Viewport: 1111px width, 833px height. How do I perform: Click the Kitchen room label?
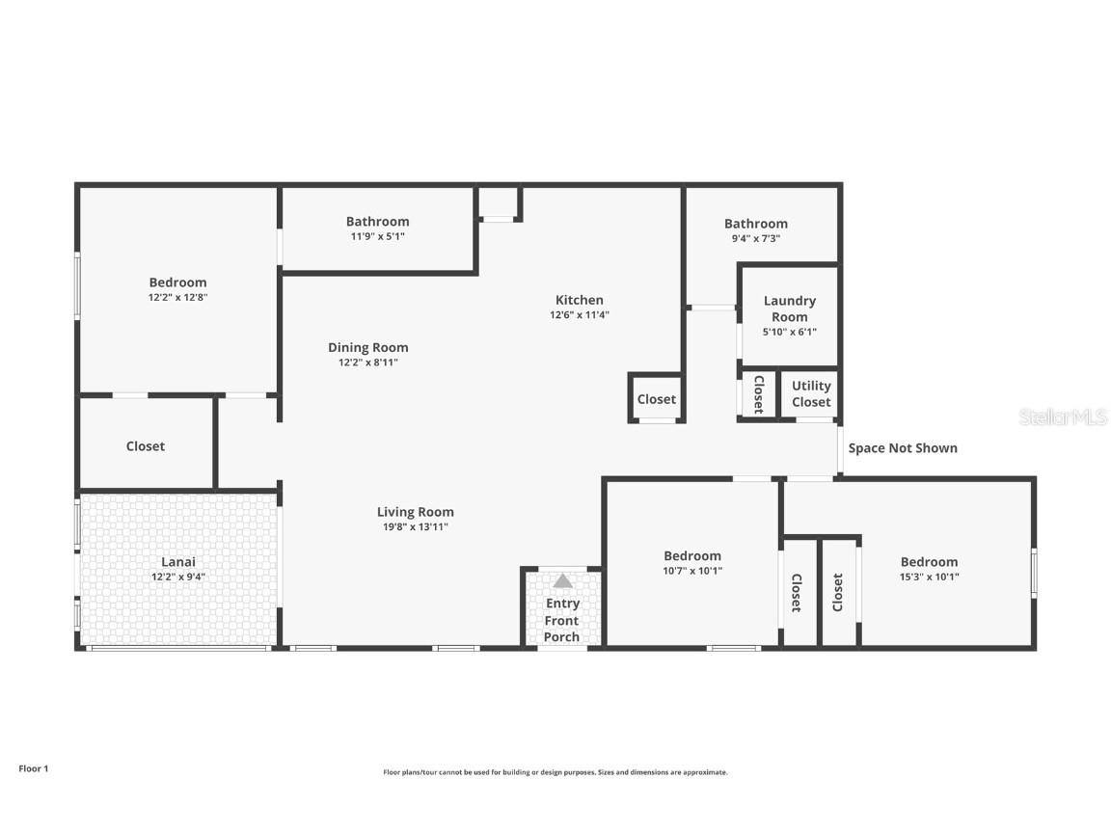(x=579, y=300)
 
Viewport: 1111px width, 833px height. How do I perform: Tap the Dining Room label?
(x=367, y=347)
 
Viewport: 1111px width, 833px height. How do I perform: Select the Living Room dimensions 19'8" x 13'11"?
(x=415, y=527)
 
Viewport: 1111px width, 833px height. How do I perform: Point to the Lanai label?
(x=177, y=561)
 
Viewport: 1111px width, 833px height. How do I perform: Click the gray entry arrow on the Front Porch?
(x=562, y=580)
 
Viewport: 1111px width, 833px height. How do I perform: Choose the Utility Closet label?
(x=811, y=393)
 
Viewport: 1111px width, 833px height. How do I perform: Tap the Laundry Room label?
(x=789, y=309)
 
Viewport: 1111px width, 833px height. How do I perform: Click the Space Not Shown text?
(x=903, y=447)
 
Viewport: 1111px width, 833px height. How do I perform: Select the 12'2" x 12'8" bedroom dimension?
(x=177, y=298)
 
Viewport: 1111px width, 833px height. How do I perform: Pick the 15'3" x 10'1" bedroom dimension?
(x=929, y=578)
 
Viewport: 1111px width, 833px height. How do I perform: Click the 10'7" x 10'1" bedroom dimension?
(x=691, y=571)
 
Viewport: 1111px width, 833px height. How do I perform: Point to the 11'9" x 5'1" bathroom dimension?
(x=377, y=236)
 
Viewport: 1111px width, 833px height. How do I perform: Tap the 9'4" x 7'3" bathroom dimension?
(x=755, y=238)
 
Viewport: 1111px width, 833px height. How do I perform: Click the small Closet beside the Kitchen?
(x=656, y=399)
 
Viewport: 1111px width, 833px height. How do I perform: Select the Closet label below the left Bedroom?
(x=146, y=446)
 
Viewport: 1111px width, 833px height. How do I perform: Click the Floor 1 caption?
(x=33, y=768)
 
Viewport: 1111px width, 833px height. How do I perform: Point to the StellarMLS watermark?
(x=1062, y=416)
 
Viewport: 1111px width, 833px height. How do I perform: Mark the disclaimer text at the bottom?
(x=555, y=772)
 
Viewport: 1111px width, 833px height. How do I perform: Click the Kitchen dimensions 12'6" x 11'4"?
(x=579, y=315)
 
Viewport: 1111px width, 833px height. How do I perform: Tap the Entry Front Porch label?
(x=562, y=620)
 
